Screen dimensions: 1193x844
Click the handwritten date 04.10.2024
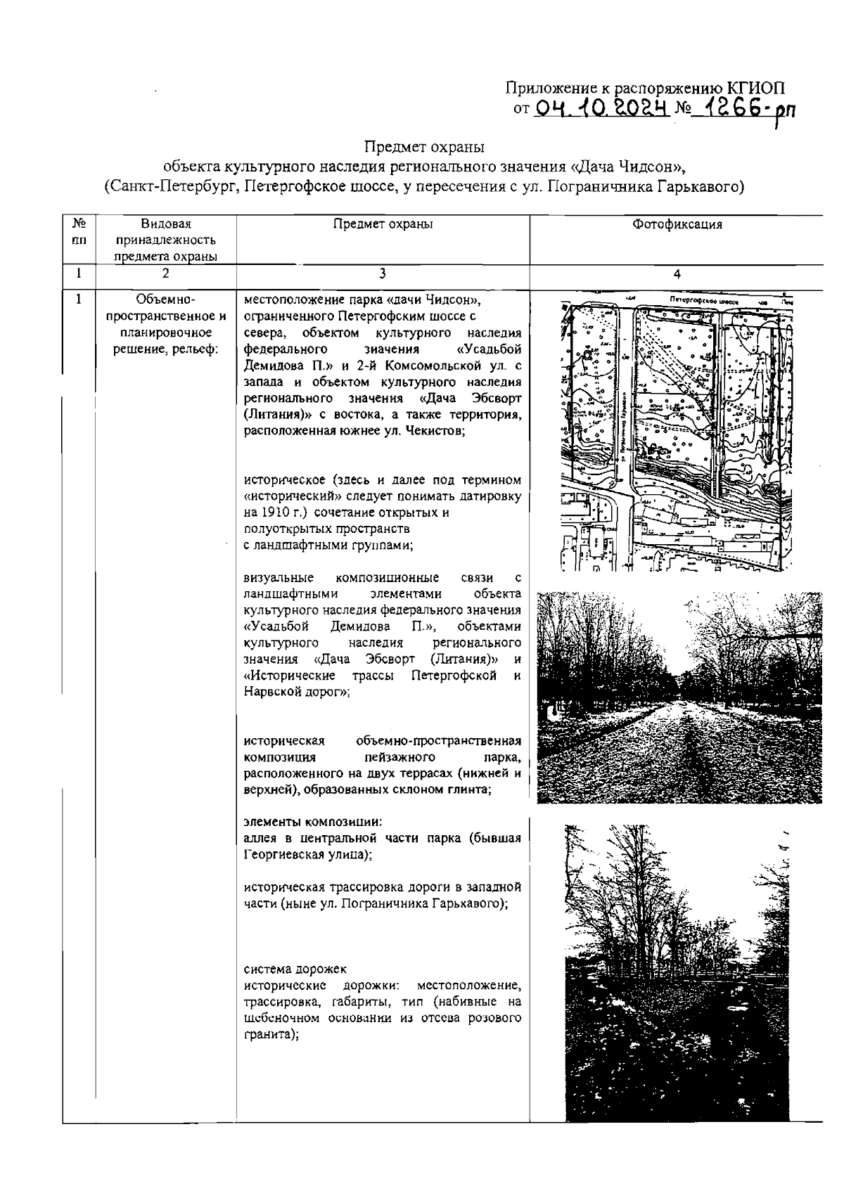600,110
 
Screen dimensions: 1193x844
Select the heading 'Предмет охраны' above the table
424,148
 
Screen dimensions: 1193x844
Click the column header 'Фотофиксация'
677,224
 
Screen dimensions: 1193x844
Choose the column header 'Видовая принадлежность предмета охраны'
165,240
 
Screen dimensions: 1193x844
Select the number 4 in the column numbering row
677,274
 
